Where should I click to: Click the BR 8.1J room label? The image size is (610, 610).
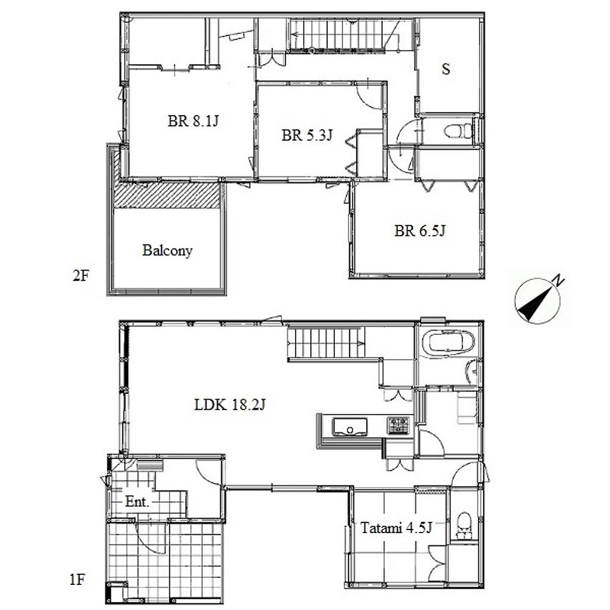(193, 121)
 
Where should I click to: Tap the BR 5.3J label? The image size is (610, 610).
(307, 135)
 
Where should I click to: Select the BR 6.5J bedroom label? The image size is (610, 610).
(419, 231)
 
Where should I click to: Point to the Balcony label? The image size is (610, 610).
(167, 251)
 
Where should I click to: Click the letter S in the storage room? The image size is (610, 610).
(446, 69)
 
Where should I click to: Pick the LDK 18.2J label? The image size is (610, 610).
(229, 405)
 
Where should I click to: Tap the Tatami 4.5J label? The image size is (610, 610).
(396, 528)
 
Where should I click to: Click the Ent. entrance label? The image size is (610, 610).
(137, 502)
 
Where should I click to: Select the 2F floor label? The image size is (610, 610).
(81, 276)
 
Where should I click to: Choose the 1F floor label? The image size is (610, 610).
(77, 580)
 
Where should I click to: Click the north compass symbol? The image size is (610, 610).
(538, 300)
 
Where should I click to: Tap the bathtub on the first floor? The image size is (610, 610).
(449, 343)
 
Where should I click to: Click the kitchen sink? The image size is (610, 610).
(349, 427)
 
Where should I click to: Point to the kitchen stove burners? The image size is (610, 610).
(397, 425)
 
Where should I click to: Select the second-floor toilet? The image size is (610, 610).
(458, 131)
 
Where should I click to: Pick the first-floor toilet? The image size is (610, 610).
(463, 526)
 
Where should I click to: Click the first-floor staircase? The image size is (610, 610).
(326, 343)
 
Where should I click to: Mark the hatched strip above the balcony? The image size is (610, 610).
(167, 195)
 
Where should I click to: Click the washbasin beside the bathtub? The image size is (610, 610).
(472, 372)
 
